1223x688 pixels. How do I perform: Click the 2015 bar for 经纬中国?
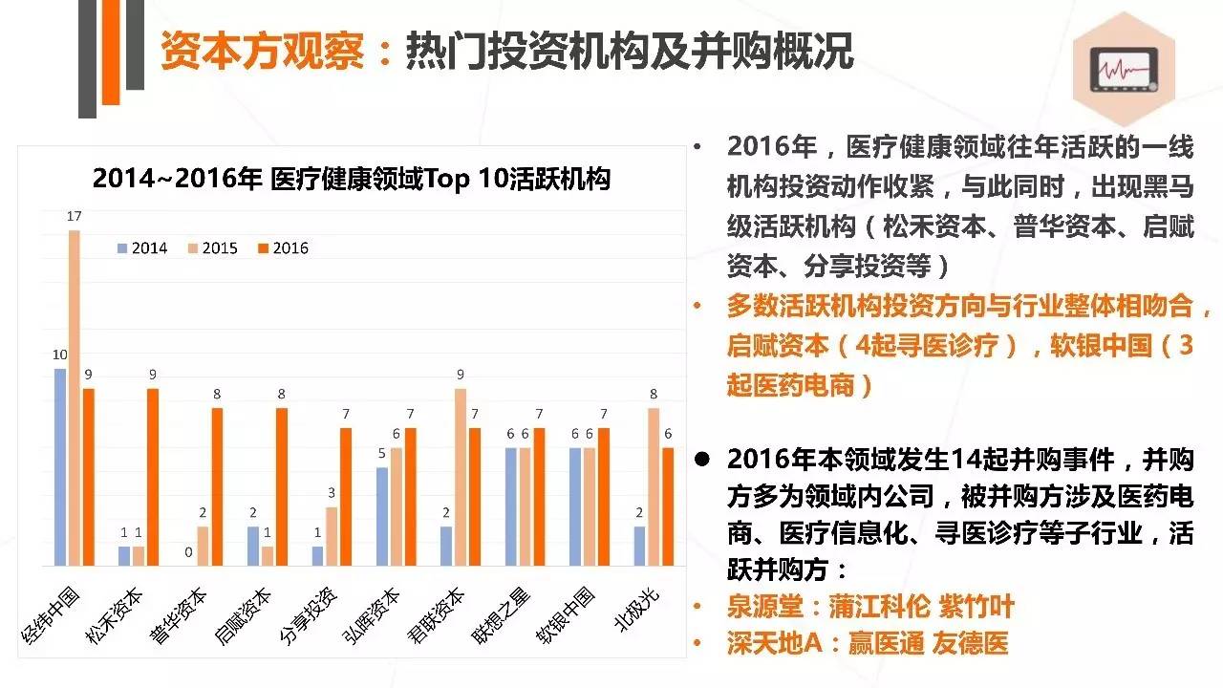point(74,398)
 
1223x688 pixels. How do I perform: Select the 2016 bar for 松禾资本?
point(153,477)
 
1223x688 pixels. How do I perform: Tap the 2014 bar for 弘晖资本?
point(382,516)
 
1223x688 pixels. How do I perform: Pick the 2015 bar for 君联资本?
point(461,477)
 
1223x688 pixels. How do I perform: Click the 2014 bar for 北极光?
point(640,546)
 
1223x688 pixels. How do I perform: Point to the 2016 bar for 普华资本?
point(217,486)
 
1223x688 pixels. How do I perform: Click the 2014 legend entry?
point(142,248)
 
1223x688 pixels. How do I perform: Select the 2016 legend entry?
point(284,248)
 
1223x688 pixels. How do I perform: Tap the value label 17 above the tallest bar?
point(74,217)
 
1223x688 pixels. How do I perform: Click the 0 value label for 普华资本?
point(188,552)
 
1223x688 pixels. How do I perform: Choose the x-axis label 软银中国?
point(574,612)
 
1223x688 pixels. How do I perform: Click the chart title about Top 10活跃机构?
point(351,179)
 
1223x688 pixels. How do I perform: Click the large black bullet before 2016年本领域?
point(702,460)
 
